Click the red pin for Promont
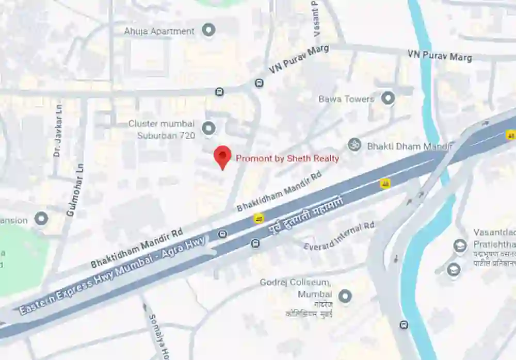(222, 156)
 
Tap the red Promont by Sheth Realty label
(287, 158)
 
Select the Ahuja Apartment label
(159, 31)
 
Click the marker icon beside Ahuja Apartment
(208, 30)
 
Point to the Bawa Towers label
(346, 99)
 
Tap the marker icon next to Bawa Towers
(388, 97)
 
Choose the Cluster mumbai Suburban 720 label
(162, 129)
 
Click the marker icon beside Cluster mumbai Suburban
(208, 128)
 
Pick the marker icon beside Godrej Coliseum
(345, 296)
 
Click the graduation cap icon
(454, 269)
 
